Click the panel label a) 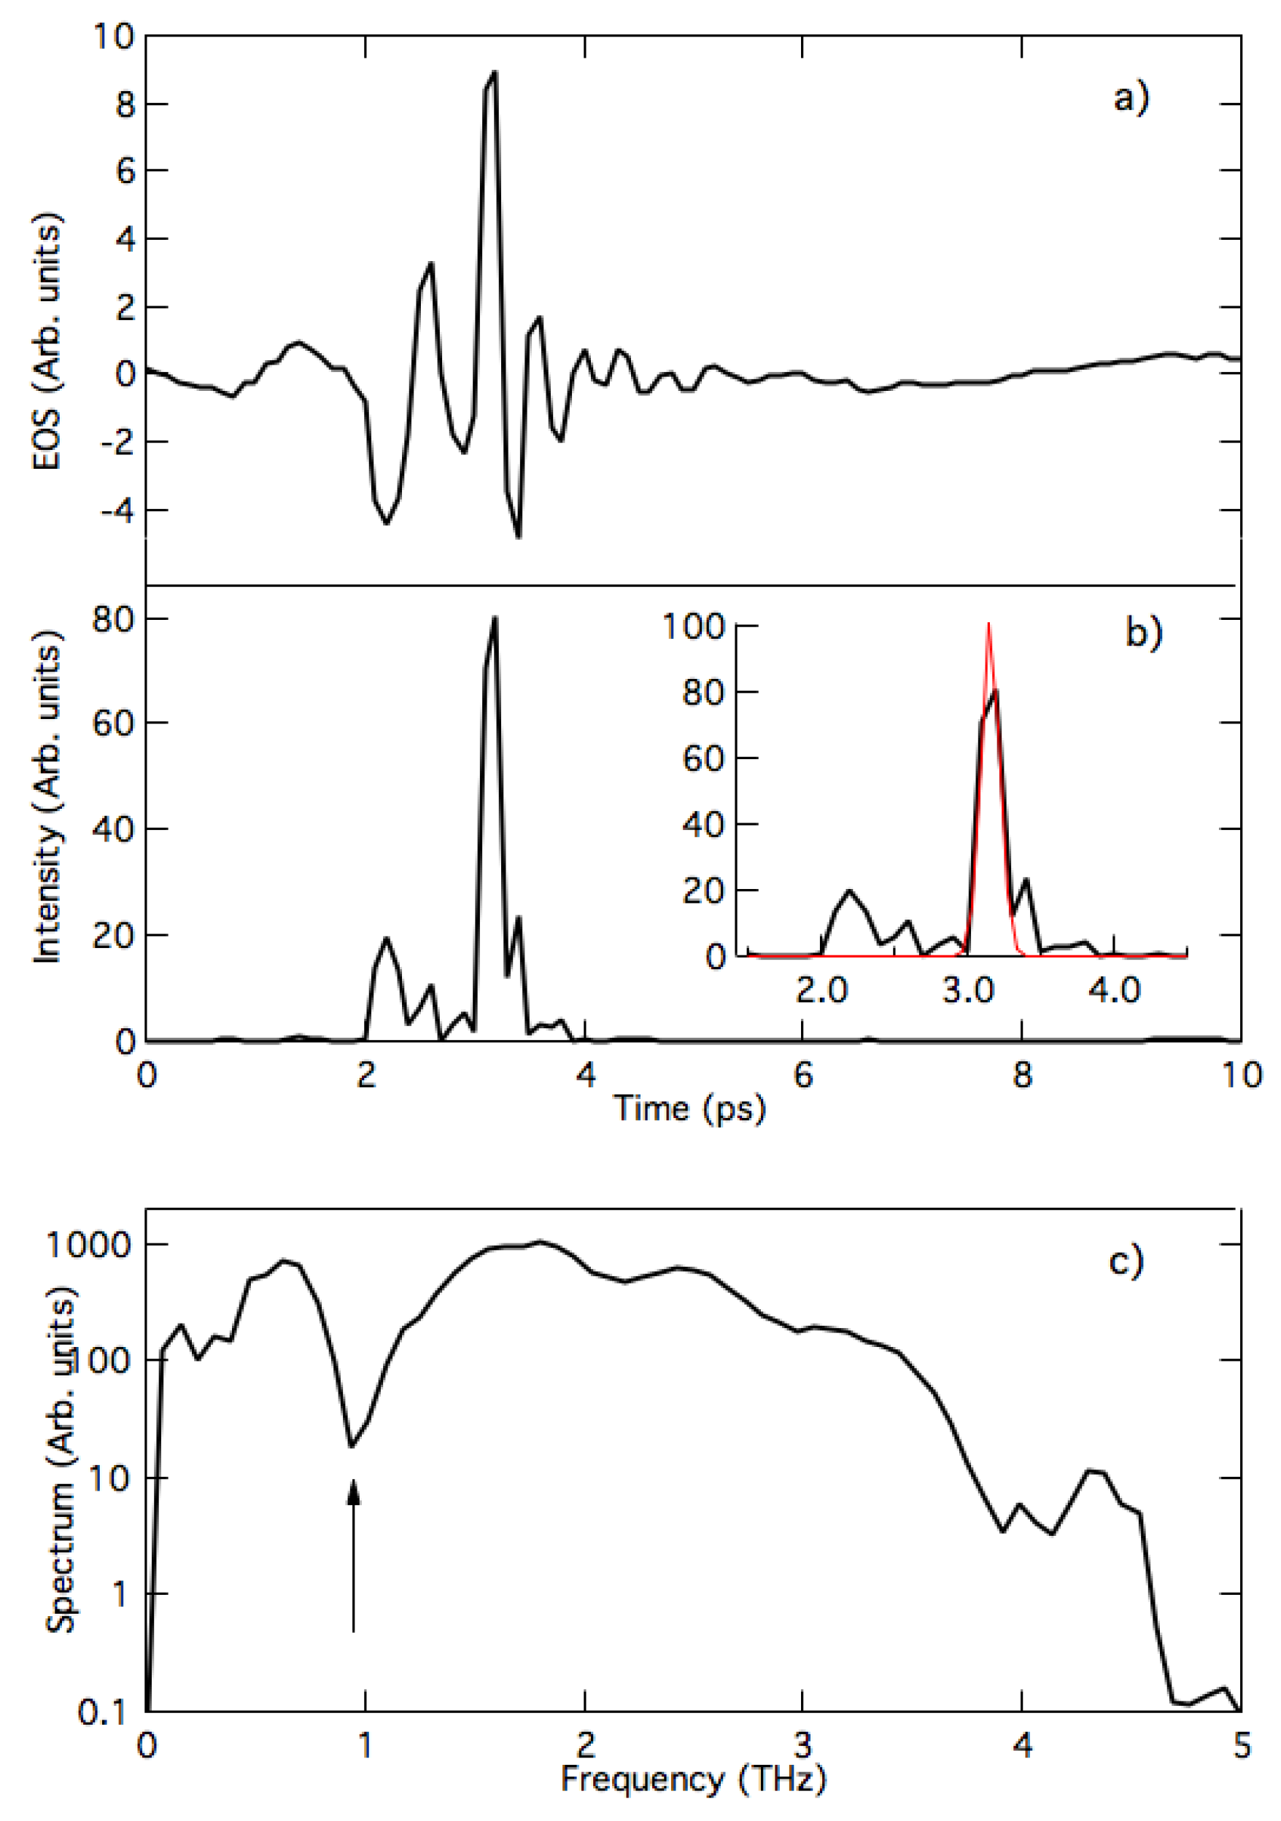(1131, 99)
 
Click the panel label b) (1144, 632)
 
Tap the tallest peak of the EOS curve (495, 72)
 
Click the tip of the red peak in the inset (988, 625)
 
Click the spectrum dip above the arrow (352, 1446)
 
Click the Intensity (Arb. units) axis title (47, 797)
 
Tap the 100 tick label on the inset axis (694, 626)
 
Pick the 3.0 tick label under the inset (968, 990)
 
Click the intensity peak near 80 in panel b (495, 618)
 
